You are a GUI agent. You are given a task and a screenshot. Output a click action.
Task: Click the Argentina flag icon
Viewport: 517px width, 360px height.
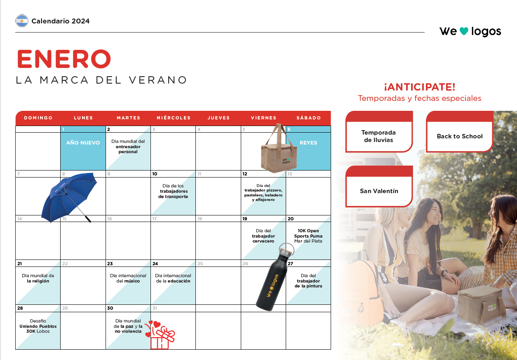point(22,21)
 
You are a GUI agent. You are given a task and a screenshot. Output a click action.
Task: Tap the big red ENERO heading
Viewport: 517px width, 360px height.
point(64,59)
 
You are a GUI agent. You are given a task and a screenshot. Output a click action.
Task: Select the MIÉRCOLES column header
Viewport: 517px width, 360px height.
point(174,118)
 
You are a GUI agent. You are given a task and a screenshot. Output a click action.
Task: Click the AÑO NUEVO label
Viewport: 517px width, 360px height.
point(83,143)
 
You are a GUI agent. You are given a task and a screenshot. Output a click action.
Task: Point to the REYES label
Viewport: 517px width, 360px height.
point(308,143)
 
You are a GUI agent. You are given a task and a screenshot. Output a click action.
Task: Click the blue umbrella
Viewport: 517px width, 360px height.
point(69,197)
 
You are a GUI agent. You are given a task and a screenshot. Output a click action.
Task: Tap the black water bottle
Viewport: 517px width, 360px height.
point(275,277)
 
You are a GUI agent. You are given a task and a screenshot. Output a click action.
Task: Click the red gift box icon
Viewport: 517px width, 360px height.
point(160,335)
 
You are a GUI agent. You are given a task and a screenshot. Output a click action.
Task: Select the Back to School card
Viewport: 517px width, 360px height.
point(460,132)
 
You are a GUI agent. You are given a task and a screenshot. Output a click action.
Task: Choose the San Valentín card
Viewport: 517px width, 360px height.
point(379,186)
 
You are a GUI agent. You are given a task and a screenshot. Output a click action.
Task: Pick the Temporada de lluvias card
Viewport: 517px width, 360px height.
point(379,132)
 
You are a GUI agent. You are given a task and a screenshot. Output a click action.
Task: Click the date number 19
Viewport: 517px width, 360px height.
point(244,219)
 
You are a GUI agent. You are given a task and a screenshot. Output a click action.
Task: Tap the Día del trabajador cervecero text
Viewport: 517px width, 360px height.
point(263,236)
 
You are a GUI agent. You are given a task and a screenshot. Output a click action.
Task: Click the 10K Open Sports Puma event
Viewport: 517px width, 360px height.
point(308,236)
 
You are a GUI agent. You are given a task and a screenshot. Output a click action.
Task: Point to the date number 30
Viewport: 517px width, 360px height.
point(110,308)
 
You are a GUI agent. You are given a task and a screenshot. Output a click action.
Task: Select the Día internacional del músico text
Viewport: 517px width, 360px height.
point(128,278)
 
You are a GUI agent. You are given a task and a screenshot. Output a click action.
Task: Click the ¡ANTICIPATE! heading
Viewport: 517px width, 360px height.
point(420,87)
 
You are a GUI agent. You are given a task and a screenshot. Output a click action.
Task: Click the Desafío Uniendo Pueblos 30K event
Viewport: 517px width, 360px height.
point(38,326)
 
